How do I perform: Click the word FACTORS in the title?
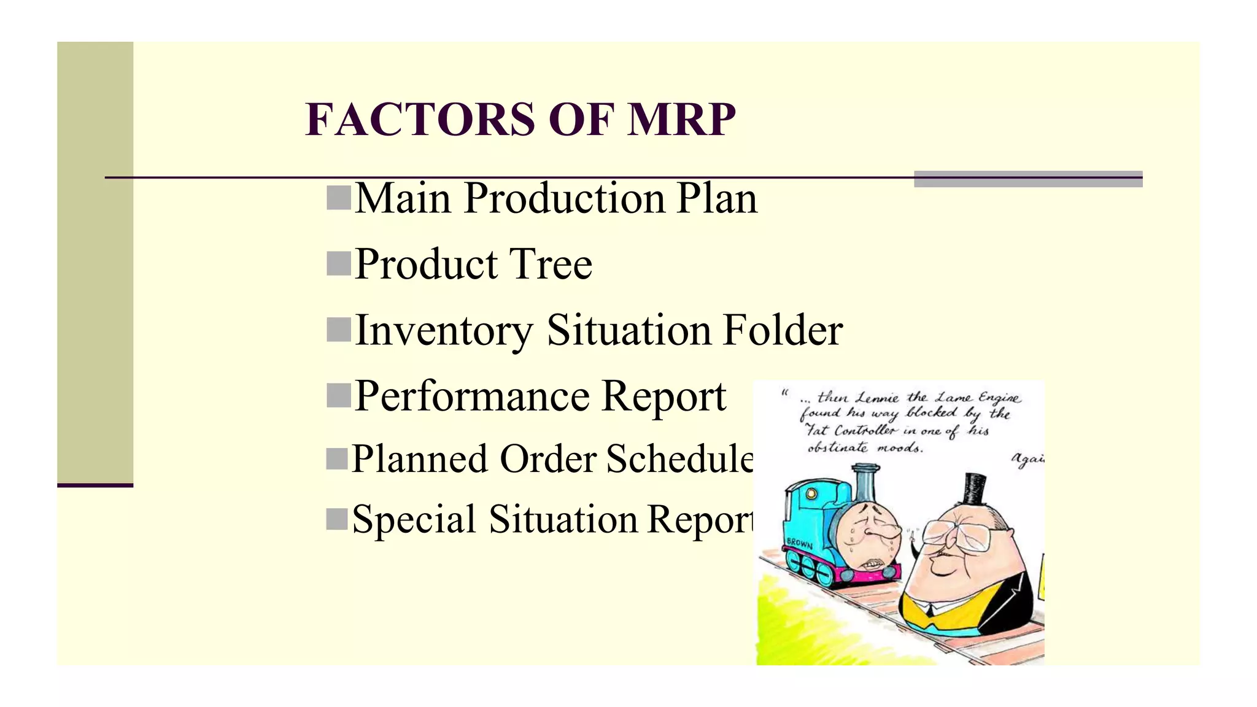point(420,119)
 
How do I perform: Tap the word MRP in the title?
point(681,119)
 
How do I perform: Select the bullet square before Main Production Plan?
point(339,198)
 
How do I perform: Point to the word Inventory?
point(444,331)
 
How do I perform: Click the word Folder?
point(783,331)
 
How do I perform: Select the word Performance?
point(471,396)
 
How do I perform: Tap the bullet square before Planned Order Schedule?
point(338,459)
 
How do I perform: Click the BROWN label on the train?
point(799,544)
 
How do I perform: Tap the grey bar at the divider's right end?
point(1028,179)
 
